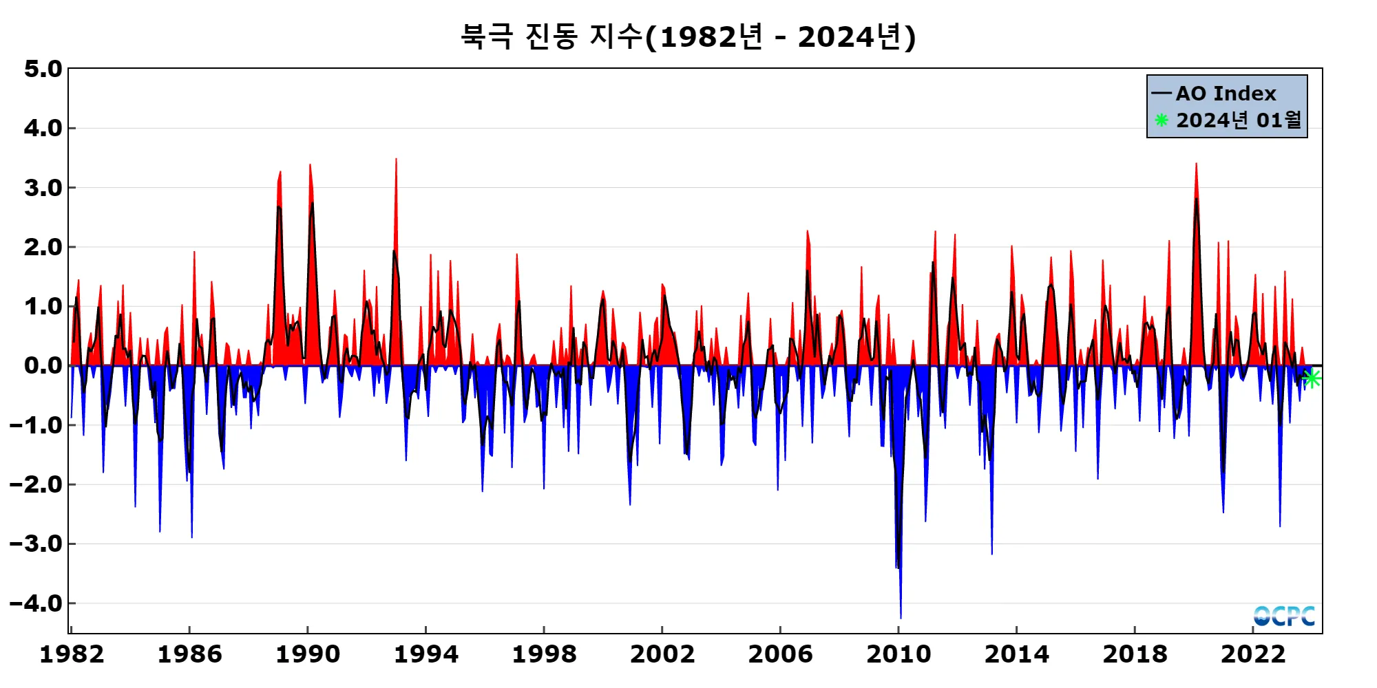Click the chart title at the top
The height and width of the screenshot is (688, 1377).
click(x=688, y=36)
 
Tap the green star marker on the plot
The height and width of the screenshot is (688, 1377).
click(x=1312, y=378)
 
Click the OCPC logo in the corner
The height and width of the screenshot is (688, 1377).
click(x=1284, y=616)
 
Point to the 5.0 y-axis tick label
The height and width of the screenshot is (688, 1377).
click(x=43, y=69)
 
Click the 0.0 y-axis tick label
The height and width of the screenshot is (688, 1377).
click(x=43, y=365)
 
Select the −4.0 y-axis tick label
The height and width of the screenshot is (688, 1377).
click(x=36, y=603)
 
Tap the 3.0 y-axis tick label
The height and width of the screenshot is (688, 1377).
click(x=43, y=188)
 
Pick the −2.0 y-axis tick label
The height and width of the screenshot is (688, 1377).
click(x=36, y=484)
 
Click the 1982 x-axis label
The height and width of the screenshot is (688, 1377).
click(x=72, y=654)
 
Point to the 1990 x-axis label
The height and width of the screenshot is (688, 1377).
click(x=308, y=654)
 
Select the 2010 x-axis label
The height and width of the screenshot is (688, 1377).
click(x=898, y=654)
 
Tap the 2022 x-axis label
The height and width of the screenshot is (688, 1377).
click(x=1253, y=654)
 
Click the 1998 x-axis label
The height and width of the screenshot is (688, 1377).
click(x=544, y=654)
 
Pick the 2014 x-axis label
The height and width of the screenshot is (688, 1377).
click(x=1017, y=654)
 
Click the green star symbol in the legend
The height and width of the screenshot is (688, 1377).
click(x=1161, y=120)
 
